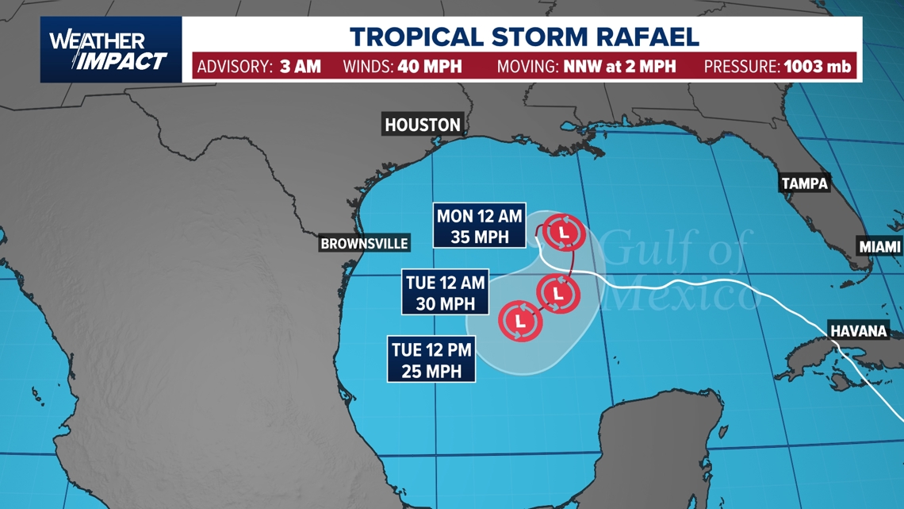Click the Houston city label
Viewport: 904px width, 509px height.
click(x=422, y=125)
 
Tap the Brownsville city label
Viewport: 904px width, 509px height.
click(x=364, y=244)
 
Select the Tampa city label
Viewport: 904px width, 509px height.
click(x=804, y=183)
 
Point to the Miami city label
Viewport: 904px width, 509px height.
click(x=880, y=247)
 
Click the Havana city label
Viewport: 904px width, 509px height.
click(x=858, y=330)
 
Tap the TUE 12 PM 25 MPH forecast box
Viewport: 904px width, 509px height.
click(x=432, y=359)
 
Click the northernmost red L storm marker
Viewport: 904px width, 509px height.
click(x=564, y=233)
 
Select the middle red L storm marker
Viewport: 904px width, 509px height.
click(x=559, y=293)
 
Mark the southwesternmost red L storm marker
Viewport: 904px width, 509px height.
click(x=520, y=321)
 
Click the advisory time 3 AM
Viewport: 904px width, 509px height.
click(x=301, y=66)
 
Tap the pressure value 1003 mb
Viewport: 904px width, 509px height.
click(x=818, y=66)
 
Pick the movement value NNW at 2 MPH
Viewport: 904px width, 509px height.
click(x=619, y=66)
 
